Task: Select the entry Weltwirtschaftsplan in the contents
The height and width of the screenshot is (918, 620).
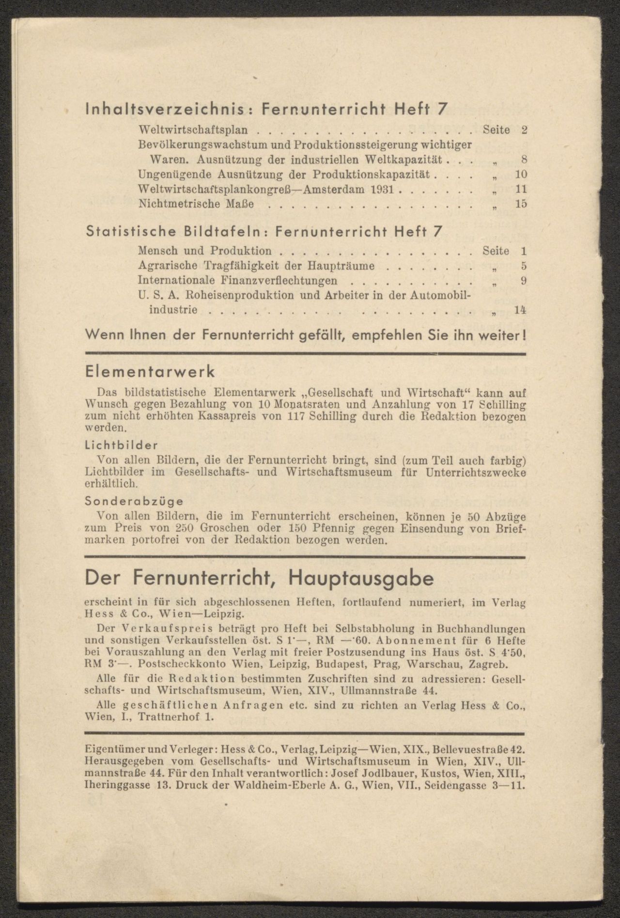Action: coord(193,130)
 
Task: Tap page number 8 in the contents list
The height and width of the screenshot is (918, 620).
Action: coord(524,159)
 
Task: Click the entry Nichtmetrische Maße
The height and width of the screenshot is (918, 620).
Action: coord(196,204)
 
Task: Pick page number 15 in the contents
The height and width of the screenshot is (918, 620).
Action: coord(521,204)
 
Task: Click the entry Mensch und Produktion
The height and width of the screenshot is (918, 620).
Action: coord(204,251)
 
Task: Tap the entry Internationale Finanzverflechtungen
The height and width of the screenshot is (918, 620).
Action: coord(237,281)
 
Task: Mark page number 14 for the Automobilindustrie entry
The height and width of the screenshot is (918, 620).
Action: coord(521,310)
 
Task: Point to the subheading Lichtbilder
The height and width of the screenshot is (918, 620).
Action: coord(121,444)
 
